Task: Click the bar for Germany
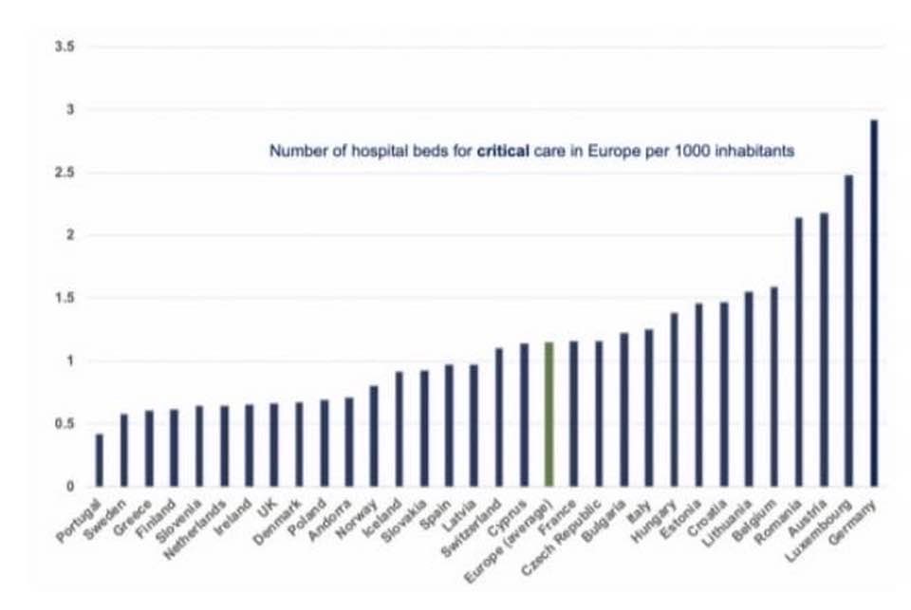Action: coord(874,303)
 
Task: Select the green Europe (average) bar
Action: coord(548,415)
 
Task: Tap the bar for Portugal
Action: coord(100,460)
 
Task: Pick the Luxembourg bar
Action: coord(848,330)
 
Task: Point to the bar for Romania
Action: coord(799,352)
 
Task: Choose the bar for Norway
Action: coord(374,435)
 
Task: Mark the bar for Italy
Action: coord(649,408)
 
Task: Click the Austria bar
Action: coord(824,350)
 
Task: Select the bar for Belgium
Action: coord(774,386)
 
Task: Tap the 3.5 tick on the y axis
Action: coord(65,46)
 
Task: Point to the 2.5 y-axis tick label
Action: coord(65,173)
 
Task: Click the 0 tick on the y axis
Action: coord(70,487)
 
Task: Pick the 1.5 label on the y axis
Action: coord(65,298)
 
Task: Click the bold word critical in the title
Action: coord(503,151)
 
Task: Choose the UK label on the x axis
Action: coord(268,509)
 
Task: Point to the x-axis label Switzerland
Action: coord(472,528)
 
